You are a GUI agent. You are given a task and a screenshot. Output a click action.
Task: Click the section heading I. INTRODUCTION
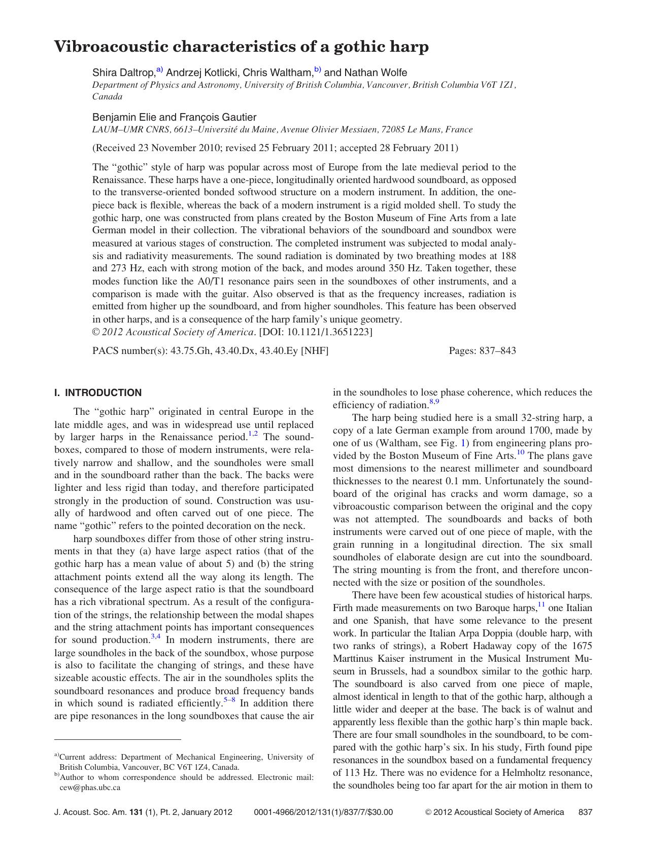98,393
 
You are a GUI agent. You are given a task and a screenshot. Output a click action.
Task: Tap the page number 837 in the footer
585,812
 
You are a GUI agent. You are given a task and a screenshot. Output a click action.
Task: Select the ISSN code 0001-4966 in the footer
271,812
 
